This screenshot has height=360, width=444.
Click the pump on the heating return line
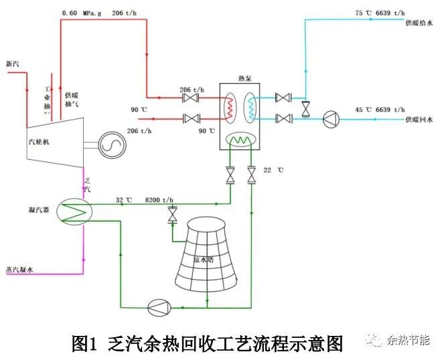[x=331, y=120]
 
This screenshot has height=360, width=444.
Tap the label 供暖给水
[x=418, y=23]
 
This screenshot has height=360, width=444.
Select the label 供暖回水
[x=418, y=119]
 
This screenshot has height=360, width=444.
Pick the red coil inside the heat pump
[x=230, y=107]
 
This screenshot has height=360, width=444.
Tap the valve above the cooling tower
[x=172, y=215]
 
